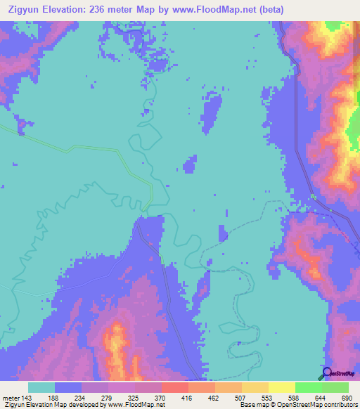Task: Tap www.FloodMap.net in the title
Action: pyautogui.click(x=212, y=8)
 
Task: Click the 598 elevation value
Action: pyautogui.click(x=295, y=397)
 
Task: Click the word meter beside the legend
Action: pyautogui.click(x=11, y=397)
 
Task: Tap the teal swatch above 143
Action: pyautogui.click(x=41, y=387)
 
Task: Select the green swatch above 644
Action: pyautogui.click(x=308, y=387)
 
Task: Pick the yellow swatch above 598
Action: pyautogui.click(x=281, y=387)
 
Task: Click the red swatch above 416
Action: pyautogui.click(x=174, y=387)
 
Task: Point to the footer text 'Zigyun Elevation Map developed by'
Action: pyautogui.click(x=52, y=405)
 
